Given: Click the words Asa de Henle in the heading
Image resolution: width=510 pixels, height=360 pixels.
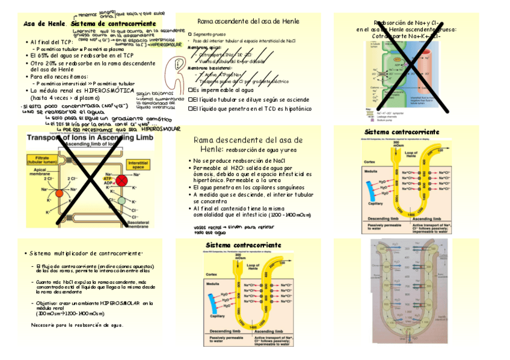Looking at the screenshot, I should tap(44, 23).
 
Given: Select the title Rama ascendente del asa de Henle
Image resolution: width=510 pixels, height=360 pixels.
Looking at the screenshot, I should tap(239, 21).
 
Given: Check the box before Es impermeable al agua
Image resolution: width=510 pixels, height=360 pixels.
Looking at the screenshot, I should tap(190, 90).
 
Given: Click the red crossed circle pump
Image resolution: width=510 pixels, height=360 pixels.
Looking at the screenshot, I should tap(122, 180).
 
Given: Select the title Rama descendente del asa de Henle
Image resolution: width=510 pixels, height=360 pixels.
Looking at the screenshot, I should tap(248, 144).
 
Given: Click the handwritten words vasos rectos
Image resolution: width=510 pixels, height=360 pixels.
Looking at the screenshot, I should tap(204, 228).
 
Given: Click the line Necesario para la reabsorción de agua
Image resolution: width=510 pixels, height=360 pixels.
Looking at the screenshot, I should tap(77, 325).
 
